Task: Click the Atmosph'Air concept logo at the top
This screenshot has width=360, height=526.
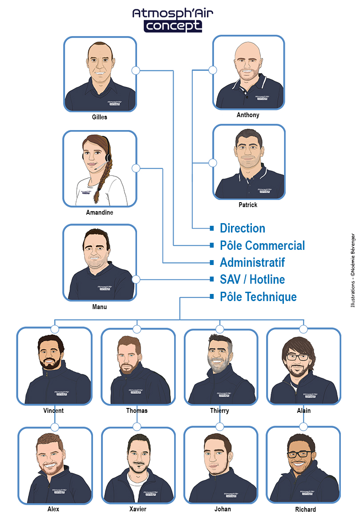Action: coord(173,20)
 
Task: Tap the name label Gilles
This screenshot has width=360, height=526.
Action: coord(100,117)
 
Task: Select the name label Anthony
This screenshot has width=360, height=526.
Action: coord(248,115)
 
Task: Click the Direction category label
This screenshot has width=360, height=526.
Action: coord(243,228)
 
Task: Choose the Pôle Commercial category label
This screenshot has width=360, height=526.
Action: coord(262,245)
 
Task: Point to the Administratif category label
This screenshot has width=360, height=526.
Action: coord(252,262)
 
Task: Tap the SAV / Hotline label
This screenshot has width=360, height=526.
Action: coord(252,279)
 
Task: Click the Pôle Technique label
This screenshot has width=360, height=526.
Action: coord(258,297)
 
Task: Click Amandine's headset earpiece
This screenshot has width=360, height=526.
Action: coord(108,157)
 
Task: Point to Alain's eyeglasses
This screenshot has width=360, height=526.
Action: coord(298,357)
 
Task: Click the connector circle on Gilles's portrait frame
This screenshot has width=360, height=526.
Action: coord(136,70)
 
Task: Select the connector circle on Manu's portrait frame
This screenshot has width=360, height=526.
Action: coord(136,279)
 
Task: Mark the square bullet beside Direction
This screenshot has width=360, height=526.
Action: coord(211,228)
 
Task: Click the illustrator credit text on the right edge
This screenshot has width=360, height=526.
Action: coord(352,270)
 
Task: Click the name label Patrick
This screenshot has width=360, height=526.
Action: coord(248,205)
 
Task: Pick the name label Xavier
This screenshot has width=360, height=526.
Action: coord(138,509)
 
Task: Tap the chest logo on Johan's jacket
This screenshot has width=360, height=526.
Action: coord(231,495)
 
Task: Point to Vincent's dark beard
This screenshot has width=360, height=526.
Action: coord(50,363)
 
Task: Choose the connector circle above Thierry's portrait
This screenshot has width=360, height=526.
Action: coord(219,329)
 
